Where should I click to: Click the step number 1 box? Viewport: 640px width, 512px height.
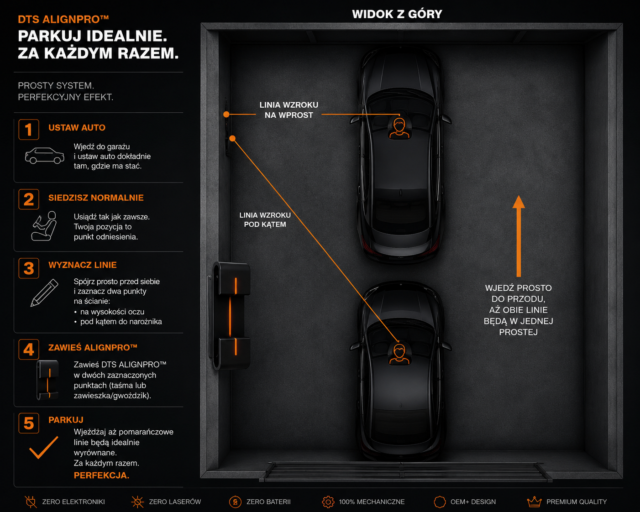29,129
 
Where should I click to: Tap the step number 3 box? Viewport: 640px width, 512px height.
29,268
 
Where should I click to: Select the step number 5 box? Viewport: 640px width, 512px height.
29,423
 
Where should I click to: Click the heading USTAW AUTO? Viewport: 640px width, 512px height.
77,128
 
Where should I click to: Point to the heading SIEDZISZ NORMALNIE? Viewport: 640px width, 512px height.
96,198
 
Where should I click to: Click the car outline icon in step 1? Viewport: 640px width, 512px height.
45,156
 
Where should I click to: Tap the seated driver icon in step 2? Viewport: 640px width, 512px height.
44,226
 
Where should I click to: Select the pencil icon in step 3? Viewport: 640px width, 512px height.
44,293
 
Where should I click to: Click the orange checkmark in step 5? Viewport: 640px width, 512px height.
44,448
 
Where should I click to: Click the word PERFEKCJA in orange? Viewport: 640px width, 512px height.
101,475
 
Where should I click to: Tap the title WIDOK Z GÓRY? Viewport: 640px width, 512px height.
397,14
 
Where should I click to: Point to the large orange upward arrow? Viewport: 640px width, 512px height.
519,236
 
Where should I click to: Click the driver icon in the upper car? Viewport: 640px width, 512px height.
399,128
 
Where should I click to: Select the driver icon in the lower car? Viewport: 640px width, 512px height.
399,354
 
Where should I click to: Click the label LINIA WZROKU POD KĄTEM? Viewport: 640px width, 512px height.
265,220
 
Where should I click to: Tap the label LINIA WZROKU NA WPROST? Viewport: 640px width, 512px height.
289,110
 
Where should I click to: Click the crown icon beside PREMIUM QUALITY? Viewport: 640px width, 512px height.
534,502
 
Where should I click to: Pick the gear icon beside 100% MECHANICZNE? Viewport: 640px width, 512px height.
328,502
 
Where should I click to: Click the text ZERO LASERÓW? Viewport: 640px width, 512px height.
175,502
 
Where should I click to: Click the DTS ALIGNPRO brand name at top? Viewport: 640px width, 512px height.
63,19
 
